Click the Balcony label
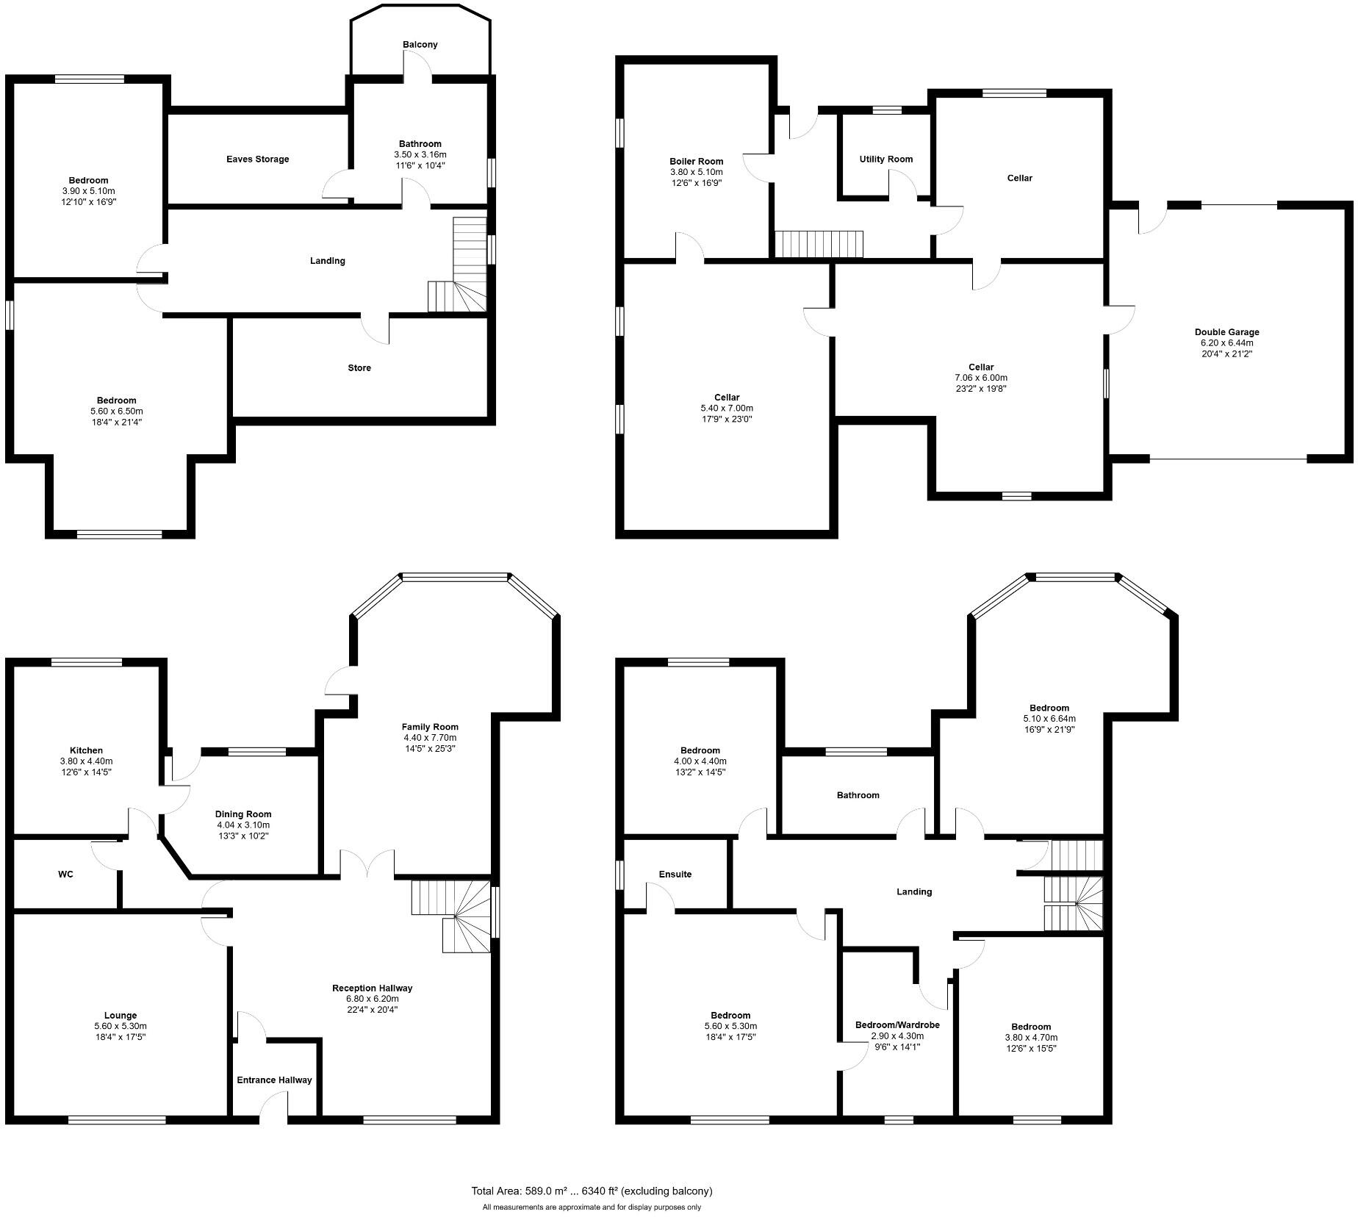tap(420, 45)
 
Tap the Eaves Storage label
tap(257, 159)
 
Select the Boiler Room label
tap(696, 162)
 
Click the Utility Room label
tap(885, 159)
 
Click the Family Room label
tap(430, 727)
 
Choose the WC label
tap(66, 875)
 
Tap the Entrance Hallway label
tap(274, 1080)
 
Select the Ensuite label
tap(675, 875)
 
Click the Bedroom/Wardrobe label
tap(897, 1025)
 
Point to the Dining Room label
tap(243, 814)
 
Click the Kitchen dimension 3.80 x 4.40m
tap(86, 761)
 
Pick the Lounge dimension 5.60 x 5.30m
tap(121, 1027)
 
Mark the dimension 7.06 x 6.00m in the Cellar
tap(981, 378)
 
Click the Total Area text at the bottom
tap(592, 1191)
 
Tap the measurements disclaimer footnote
tap(592, 1207)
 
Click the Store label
tap(359, 368)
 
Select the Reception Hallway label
tap(372, 988)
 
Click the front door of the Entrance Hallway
tap(273, 1109)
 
